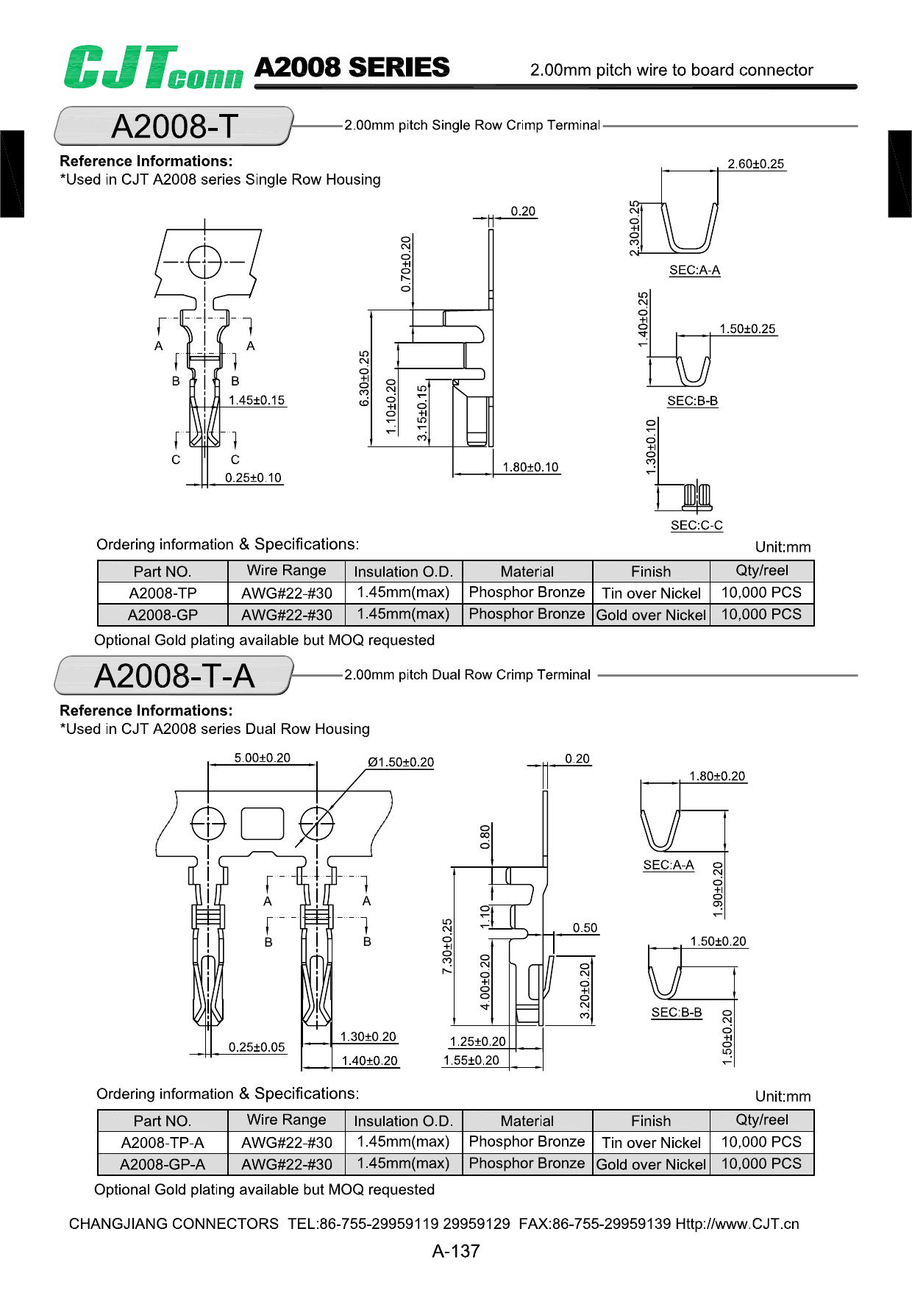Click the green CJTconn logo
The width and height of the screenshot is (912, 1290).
152,68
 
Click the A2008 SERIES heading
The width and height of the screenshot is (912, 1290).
352,68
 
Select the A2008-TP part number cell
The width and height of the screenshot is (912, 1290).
163,594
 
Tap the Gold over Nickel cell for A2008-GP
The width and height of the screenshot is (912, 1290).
651,615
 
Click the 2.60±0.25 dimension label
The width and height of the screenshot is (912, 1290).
755,164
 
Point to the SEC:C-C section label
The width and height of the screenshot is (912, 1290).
697,525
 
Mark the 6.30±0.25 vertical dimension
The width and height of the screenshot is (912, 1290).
364,378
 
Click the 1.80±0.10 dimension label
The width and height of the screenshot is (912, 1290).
530,467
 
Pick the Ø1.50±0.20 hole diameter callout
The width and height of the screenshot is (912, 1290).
401,762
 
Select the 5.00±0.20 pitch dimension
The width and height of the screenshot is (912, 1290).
262,758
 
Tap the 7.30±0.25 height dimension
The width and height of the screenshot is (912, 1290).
447,947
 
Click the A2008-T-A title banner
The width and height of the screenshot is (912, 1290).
174,676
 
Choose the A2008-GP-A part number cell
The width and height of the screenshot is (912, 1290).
163,1164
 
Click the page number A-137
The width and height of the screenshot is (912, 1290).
456,1251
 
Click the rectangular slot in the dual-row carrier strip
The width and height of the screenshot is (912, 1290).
263,823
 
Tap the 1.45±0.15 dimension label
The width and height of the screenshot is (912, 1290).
256,400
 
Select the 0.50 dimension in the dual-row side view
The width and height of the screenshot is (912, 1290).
585,928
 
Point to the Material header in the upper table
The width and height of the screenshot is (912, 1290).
527,571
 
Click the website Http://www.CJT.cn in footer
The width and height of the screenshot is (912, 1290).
737,1224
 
